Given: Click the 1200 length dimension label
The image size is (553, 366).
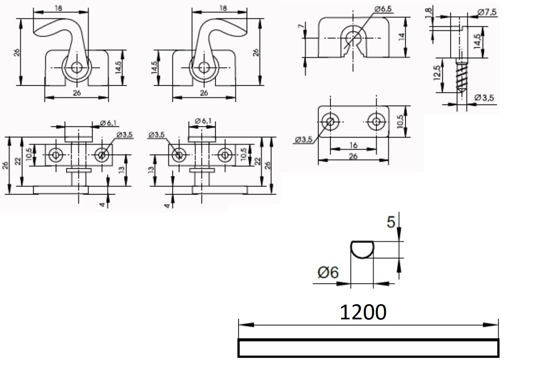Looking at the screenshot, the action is pos(363,312).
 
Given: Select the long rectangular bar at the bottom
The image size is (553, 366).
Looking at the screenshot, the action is pos(369,348).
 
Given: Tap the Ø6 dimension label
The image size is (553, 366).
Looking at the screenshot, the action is pos(328,273).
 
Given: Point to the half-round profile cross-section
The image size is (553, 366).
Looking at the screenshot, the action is pos(362,249).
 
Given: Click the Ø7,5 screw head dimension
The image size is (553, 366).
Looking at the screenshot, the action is pos(487,12).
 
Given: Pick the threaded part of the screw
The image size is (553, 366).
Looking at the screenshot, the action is pos(462,77).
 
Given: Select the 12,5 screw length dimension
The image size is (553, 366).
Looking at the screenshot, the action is pos(437,73).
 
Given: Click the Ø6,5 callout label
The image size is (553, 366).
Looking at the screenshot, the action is pos(383,9).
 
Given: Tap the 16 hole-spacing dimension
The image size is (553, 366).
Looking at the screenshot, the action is pos(353,145).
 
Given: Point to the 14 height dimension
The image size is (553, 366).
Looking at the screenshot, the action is pos(401,37).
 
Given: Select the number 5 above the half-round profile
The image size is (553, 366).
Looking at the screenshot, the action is pos(391,222).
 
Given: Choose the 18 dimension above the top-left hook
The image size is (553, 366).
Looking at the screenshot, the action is pos(58,8).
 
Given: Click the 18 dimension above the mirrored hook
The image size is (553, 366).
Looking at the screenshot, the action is pos(223,8).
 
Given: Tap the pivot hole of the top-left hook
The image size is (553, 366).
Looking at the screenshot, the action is pos(77,67).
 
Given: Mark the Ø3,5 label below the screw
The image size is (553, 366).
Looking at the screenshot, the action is pos(484,98).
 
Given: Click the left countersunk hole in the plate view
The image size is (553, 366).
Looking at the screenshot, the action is pos(330,122).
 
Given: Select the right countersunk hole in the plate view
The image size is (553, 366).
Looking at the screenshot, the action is pos(376,122).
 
